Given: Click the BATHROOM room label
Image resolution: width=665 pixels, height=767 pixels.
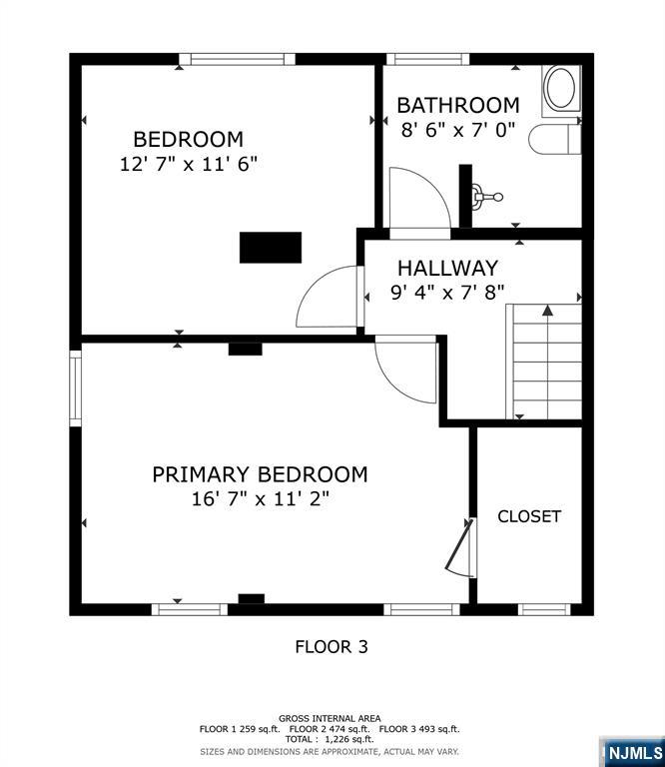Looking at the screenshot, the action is coord(457,105).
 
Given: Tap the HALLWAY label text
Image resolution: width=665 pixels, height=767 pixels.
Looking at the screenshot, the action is coord(447,268).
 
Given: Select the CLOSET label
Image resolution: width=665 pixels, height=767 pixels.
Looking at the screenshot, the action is coord(529,516).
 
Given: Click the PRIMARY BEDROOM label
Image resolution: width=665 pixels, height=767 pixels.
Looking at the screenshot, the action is coord(260,474).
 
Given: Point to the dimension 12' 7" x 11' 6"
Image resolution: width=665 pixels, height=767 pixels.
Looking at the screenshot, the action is coord(189,164).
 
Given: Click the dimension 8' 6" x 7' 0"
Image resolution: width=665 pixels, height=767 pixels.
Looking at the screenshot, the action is coord(458,130).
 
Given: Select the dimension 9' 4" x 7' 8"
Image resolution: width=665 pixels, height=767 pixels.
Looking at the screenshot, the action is coord(447,293).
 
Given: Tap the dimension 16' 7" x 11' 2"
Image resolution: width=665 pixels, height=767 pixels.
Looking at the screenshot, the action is coord(260,499).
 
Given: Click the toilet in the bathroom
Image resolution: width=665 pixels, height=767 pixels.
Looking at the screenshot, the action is coord(555,139).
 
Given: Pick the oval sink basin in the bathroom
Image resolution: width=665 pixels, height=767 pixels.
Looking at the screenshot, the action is coord(560,88).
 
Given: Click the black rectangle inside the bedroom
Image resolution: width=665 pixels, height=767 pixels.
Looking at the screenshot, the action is coord(271,248).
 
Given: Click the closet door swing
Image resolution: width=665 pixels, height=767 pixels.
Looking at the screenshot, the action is coord(460,548).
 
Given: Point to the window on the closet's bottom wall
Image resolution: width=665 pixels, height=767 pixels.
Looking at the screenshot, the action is coord(544,609).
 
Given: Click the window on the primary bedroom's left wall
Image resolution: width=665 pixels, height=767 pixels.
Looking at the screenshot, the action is coord(75,388).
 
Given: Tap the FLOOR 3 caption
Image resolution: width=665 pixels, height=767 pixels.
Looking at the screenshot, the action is coord(332,647).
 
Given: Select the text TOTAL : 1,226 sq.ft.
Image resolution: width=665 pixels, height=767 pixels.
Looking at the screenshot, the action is coord(330,739).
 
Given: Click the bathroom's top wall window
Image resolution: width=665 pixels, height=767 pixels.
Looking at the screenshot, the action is coord(427,59).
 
